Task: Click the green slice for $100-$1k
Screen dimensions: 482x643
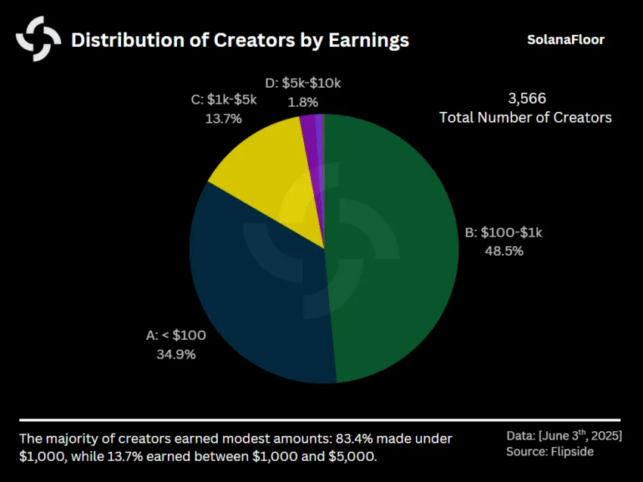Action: pos(393,250)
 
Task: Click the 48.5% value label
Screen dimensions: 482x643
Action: pos(504,251)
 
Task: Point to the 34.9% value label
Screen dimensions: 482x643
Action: pos(176,353)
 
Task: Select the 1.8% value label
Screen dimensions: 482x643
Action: pos(303,101)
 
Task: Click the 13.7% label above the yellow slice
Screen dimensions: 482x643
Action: pos(223,118)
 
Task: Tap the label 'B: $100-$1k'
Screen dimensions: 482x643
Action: pos(504,232)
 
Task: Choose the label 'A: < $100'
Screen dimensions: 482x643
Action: pos(176,335)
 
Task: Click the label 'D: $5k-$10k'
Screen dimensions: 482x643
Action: pos(303,82)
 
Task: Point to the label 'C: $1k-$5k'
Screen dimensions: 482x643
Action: pos(223,99)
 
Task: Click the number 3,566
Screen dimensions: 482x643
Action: pos(526,98)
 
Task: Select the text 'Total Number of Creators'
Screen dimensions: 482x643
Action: pos(526,117)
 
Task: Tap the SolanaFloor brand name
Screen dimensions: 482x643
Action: pos(566,39)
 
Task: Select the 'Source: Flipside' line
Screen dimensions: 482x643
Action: pos(551,452)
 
